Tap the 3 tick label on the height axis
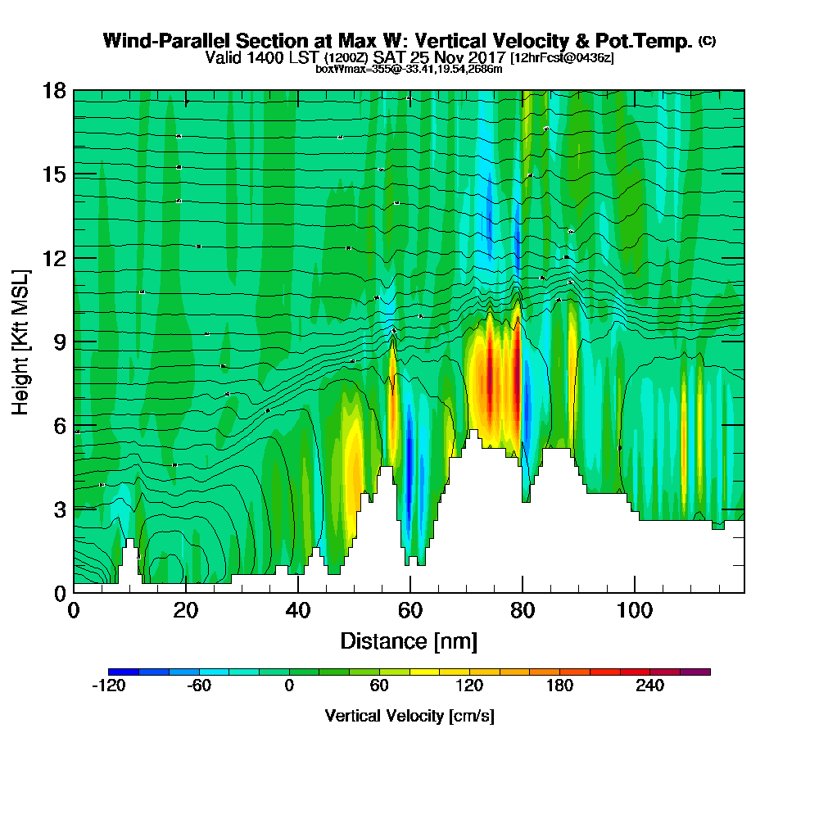(58, 509)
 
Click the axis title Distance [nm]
(409, 640)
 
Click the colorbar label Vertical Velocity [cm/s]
(409, 716)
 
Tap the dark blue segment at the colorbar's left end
(124, 672)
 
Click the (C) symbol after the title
(707, 40)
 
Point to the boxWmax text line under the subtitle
(409, 69)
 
